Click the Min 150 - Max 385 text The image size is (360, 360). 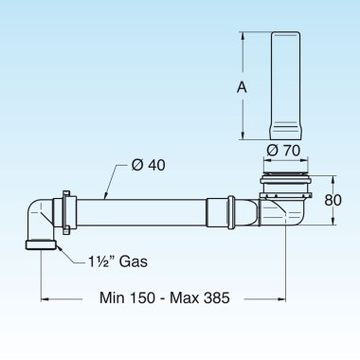(163, 297)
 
